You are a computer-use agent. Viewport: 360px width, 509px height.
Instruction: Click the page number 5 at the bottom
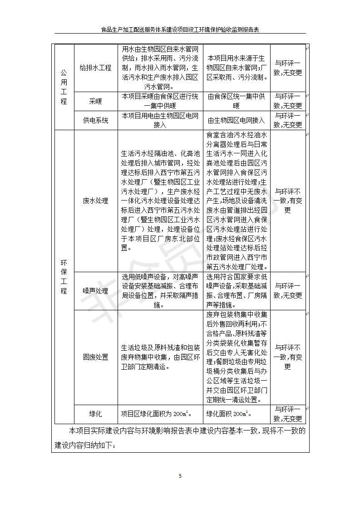[x=180, y=476]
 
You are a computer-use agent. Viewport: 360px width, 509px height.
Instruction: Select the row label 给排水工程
[x=95, y=68]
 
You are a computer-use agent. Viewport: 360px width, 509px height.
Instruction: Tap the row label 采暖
[x=95, y=102]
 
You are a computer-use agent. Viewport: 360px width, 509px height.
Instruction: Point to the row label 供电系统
[x=95, y=121]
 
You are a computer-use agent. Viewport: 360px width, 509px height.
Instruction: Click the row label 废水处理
[x=95, y=201]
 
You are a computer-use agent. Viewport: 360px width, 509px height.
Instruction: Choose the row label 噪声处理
[x=95, y=291]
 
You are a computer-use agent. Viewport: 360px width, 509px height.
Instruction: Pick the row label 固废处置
[x=95, y=357]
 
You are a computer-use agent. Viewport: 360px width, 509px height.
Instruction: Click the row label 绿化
[x=95, y=414]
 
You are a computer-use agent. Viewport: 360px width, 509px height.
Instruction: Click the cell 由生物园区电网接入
[x=236, y=121]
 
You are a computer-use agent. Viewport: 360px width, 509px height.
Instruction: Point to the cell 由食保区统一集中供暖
[x=236, y=101]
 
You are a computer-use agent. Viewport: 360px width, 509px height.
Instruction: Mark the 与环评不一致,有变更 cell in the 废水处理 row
[x=287, y=201]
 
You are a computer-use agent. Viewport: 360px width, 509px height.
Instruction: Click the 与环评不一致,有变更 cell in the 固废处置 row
[x=287, y=357]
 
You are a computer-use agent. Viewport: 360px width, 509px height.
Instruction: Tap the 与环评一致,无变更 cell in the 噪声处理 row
[x=287, y=291]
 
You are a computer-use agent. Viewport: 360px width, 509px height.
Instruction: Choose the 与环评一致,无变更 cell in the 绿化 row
[x=287, y=414]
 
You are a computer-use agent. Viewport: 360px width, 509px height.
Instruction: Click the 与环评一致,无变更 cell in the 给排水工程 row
[x=287, y=68]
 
